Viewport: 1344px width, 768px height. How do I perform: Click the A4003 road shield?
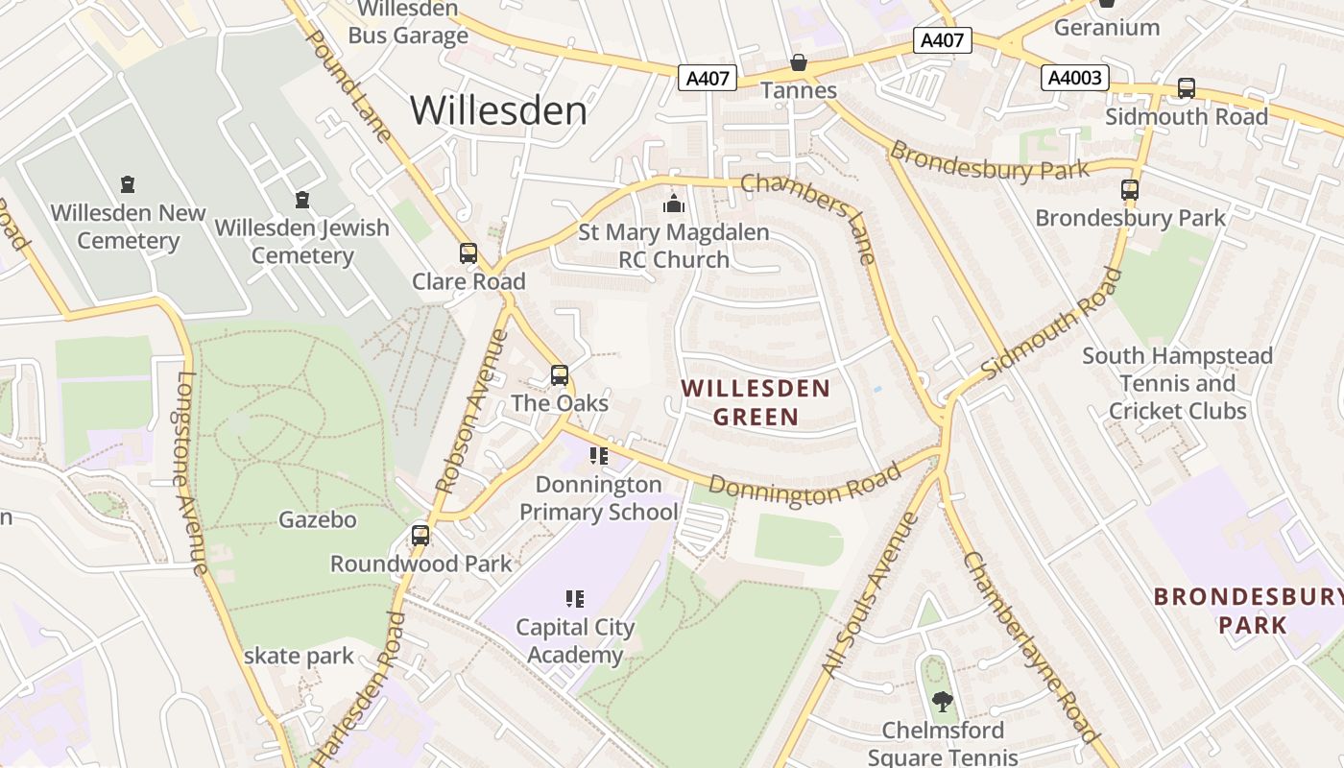1075,78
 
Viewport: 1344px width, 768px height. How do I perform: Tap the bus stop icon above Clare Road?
468,253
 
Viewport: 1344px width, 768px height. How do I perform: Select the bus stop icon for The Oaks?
560,375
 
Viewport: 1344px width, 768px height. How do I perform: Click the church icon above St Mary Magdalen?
674,204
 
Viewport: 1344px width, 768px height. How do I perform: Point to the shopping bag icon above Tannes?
798,63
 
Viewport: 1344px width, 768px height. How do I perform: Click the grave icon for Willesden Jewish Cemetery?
302,200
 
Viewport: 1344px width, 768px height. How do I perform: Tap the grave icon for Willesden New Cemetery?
128,184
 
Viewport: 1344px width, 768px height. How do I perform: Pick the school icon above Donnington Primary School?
599,456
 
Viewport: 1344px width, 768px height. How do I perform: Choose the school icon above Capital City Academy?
575,600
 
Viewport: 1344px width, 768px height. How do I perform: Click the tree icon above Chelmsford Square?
943,702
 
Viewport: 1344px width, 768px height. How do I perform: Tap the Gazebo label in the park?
318,520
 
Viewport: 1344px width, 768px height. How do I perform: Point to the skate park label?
299,657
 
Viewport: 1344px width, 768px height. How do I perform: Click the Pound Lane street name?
349,84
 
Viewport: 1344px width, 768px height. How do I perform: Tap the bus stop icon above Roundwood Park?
420,536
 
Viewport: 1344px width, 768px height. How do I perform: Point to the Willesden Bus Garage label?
408,23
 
